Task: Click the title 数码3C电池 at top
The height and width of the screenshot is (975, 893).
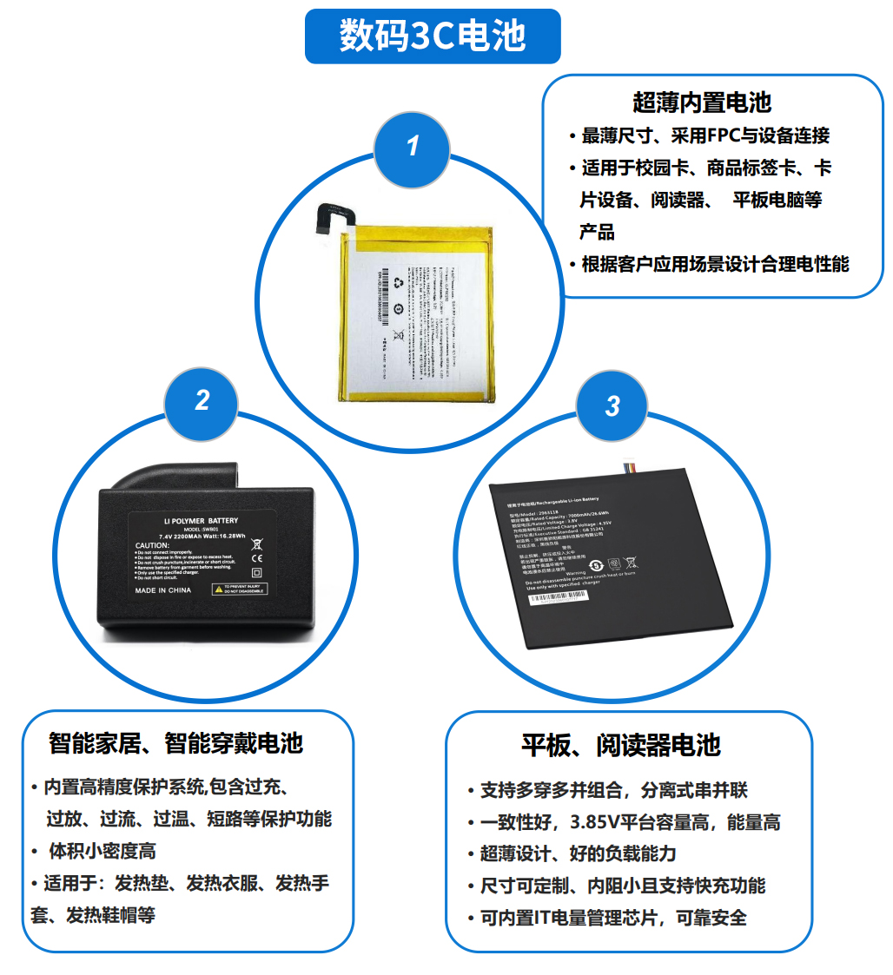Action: (x=433, y=36)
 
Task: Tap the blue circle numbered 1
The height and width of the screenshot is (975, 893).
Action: (x=413, y=145)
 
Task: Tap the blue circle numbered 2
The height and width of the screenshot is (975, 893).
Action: (x=202, y=399)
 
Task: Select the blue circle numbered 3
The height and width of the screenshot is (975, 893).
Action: (x=612, y=405)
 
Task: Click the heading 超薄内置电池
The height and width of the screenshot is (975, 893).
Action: (x=702, y=102)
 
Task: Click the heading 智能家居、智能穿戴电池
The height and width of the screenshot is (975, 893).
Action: (x=175, y=742)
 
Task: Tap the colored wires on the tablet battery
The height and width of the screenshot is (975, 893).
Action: (x=642, y=470)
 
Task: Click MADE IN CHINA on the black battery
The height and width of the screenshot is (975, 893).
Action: (x=163, y=590)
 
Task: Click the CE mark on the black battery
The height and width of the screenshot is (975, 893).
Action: (x=256, y=559)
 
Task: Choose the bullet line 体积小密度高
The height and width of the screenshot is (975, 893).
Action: (x=102, y=851)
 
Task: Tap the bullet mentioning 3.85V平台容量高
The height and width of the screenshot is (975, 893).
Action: (x=630, y=822)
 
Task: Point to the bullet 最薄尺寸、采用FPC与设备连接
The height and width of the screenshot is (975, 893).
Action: (x=704, y=135)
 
